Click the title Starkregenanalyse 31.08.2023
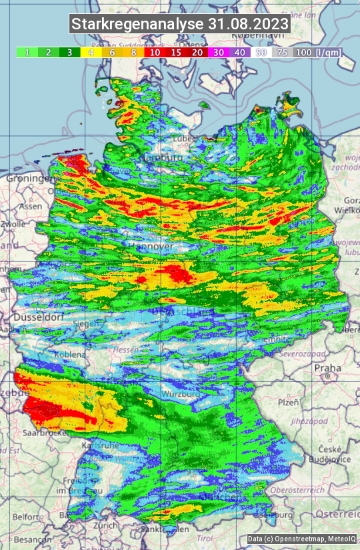(180, 24)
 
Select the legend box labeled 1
(27, 52)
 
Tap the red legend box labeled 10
(155, 52)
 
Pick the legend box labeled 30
(219, 52)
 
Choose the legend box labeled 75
(283, 52)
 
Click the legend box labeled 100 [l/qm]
(317, 52)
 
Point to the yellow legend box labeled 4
(91, 52)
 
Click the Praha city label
(328, 367)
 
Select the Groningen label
(29, 179)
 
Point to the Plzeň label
(288, 402)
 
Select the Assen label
(30, 207)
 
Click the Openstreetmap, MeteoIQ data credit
(301, 539)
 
